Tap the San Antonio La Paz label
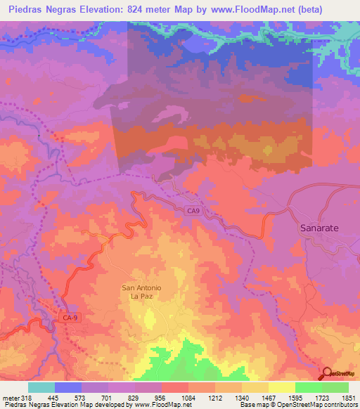[x=142, y=292]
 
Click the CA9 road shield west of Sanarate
[x=194, y=209]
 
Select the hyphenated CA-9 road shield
[x=70, y=318]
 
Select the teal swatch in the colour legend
[x=41, y=388]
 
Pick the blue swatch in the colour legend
[x=68, y=388]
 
